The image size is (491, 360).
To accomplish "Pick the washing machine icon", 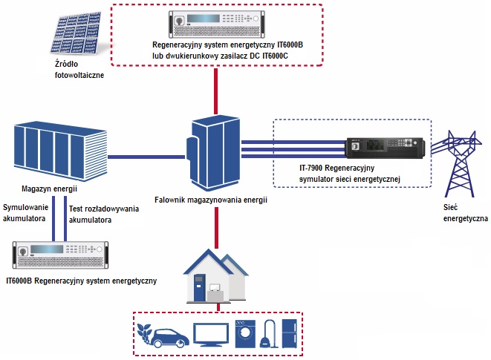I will [246, 335].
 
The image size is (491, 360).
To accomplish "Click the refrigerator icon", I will [289, 333].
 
